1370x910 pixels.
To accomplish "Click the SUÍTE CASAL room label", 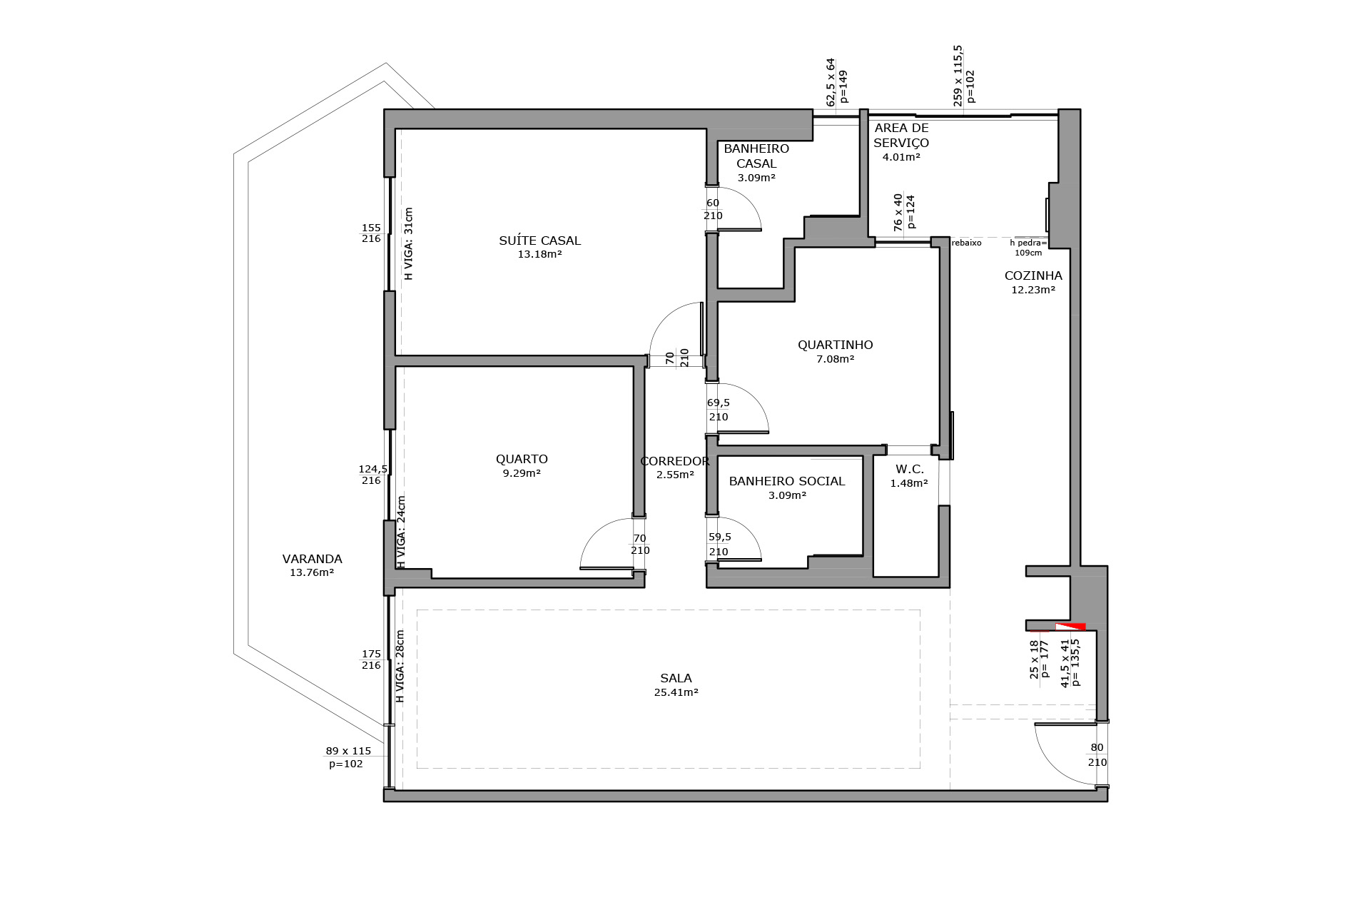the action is [539, 241].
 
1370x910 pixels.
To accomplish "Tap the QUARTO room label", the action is [522, 459].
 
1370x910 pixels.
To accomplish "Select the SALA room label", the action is [676, 679].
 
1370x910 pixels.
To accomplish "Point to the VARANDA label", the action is [312, 559].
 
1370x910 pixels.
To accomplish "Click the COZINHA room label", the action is [1033, 275].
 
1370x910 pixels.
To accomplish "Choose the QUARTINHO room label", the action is [835, 345].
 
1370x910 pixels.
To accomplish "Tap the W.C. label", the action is [910, 469].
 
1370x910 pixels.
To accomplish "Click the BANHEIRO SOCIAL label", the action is [787, 481].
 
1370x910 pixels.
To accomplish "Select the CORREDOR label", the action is [675, 461].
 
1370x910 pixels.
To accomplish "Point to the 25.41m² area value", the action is [676, 692].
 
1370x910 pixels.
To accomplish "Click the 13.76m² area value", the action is [312, 572].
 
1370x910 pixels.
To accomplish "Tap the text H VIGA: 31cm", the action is [409, 243].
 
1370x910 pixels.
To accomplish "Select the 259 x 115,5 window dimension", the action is [958, 76].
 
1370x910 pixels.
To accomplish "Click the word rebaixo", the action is [967, 243].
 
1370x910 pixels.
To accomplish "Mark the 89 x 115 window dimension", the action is [348, 751].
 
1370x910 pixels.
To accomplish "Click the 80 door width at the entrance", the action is [1097, 748].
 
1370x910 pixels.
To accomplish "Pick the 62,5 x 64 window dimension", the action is [831, 81].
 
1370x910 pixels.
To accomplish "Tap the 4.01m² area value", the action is [901, 157].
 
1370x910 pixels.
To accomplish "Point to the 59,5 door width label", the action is [719, 537].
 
